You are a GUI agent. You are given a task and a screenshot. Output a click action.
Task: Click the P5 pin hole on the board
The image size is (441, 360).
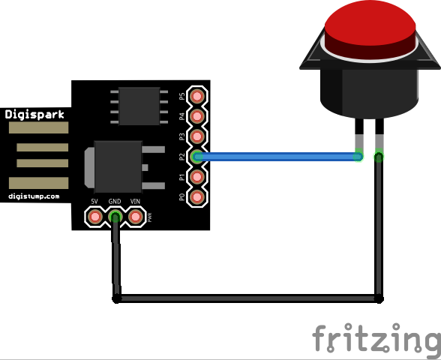(197, 96)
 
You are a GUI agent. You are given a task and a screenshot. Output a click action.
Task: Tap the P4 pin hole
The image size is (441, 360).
(197, 116)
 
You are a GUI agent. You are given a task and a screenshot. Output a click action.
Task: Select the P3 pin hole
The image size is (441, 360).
(197, 136)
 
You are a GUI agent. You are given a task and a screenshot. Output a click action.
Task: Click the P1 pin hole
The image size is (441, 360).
(197, 177)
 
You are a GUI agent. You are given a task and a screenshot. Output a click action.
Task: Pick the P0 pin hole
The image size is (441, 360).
(197, 196)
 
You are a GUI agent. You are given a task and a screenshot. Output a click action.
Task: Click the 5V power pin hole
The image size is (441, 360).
(95, 217)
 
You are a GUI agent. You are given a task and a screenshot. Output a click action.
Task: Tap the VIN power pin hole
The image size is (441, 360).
(136, 217)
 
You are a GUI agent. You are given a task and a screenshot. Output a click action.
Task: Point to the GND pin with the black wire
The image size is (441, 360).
(115, 217)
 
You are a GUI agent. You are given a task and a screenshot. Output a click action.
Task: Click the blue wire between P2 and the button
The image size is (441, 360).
(277, 157)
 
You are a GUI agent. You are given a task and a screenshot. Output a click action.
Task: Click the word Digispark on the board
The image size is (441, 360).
(34, 115)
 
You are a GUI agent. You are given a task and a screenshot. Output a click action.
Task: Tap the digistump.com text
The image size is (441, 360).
(34, 196)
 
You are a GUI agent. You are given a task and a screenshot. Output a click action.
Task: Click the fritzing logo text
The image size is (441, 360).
(376, 338)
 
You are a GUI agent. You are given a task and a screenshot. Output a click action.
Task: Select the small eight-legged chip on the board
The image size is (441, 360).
(139, 106)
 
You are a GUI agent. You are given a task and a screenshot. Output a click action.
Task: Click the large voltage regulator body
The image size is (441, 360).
(118, 167)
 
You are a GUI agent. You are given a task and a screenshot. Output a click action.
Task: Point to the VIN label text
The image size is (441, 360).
(135, 201)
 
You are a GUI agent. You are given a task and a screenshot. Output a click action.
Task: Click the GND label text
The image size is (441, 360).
(115, 201)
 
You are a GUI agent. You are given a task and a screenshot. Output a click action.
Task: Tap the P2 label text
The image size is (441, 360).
(182, 157)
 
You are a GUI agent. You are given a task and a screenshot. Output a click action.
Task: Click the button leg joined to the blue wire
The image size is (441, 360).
(359, 138)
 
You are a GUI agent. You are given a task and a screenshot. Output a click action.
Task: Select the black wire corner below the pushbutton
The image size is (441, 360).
(379, 298)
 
